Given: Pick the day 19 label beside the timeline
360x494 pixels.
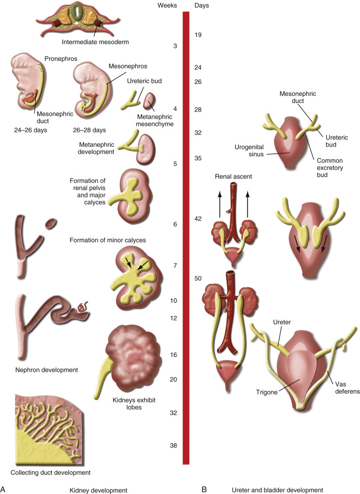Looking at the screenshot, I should click(x=198, y=35).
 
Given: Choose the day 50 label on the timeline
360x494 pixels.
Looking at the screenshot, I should click(x=198, y=278).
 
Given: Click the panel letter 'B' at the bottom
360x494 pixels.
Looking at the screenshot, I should click(x=204, y=489).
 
